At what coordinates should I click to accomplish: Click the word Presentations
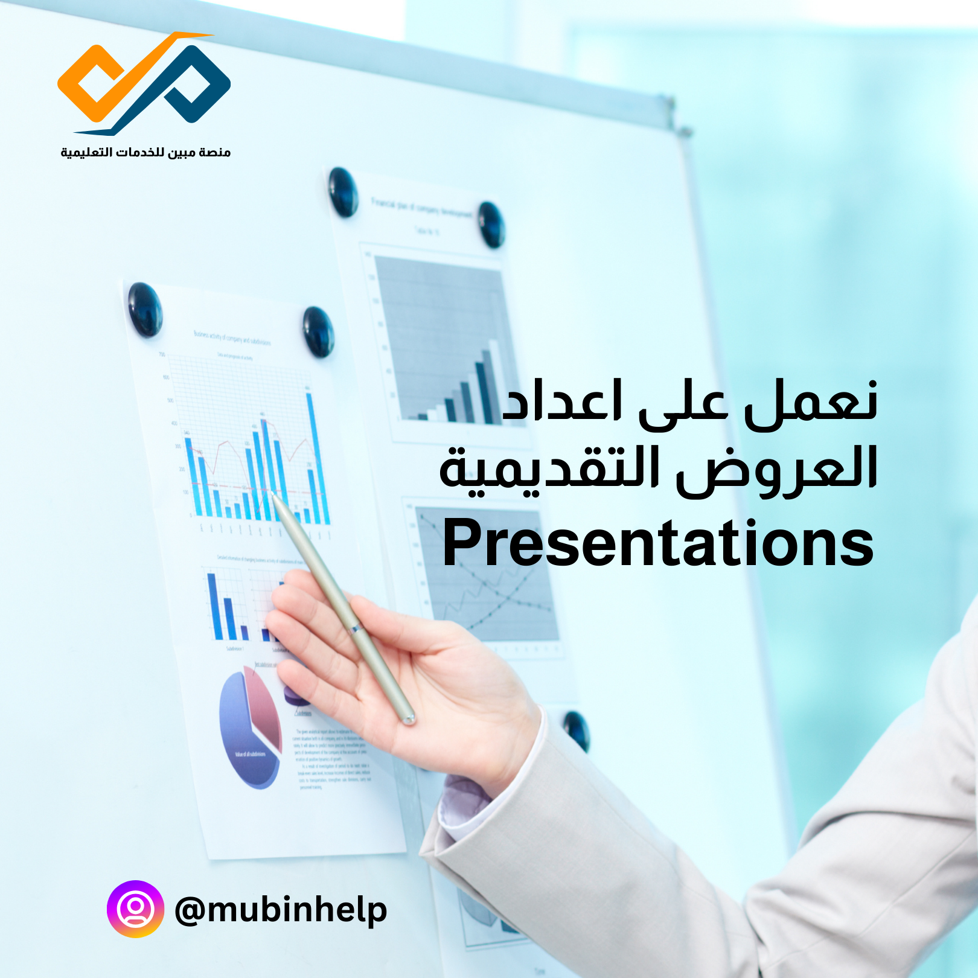click(658, 543)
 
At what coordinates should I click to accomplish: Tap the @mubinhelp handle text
click(281, 910)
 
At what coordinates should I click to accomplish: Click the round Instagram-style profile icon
click(135, 909)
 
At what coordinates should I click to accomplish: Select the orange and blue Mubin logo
click(144, 83)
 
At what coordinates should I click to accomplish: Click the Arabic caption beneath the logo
click(145, 152)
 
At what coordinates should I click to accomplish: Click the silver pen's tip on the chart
click(275, 496)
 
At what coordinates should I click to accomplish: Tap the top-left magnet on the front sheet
click(145, 309)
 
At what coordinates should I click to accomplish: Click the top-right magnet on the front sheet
click(318, 331)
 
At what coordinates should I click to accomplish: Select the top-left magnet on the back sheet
click(343, 192)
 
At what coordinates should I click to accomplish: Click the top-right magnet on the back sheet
click(491, 225)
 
